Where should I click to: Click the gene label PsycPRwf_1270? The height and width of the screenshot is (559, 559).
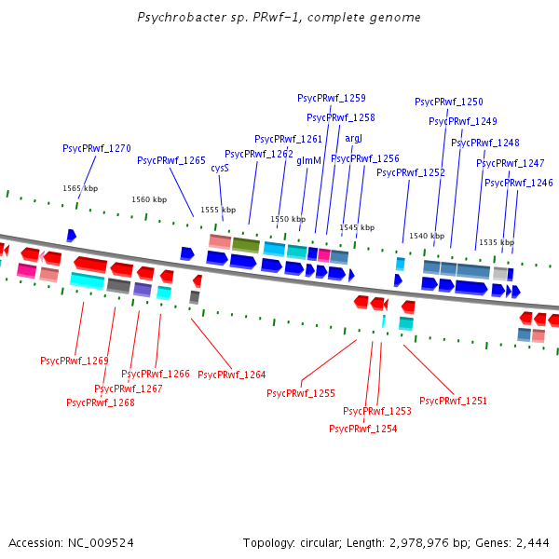(97, 148)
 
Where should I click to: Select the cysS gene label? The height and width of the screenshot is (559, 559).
(220, 169)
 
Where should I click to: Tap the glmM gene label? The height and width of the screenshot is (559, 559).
(308, 160)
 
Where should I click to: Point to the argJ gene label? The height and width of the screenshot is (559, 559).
(354, 138)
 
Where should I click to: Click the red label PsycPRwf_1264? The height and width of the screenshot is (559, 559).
(232, 375)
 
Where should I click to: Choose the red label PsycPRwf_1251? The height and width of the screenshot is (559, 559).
(453, 401)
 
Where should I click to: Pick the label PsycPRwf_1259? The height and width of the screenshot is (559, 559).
(332, 98)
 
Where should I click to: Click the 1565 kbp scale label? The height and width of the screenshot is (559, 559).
(80, 188)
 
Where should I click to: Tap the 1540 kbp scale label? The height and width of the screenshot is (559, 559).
(427, 236)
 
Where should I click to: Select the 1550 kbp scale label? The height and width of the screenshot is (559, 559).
(288, 219)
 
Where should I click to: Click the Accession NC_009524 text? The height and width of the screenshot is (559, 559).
(71, 542)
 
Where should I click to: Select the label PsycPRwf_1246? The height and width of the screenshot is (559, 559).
(519, 183)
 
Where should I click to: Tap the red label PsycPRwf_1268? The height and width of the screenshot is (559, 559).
(101, 402)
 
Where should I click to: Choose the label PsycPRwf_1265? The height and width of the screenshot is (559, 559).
(171, 160)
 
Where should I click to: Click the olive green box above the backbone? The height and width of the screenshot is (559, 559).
(246, 244)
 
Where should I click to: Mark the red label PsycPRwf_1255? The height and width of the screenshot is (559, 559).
(301, 393)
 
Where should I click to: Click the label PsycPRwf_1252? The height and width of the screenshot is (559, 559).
(411, 172)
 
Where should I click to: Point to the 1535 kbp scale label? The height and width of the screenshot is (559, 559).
(497, 242)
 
